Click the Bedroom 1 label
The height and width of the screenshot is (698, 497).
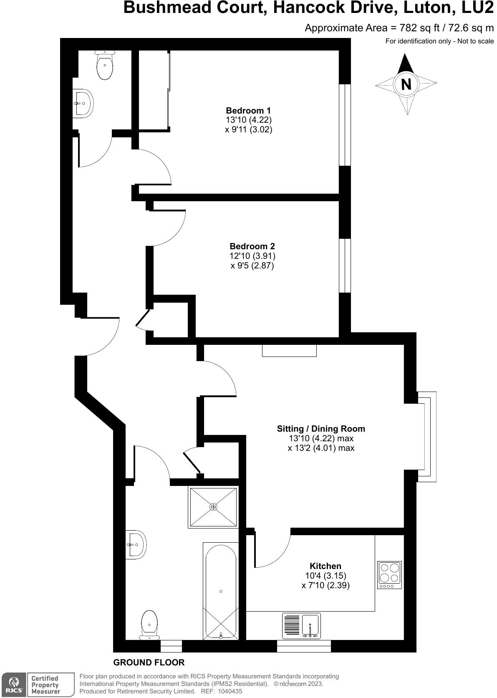point(248,111)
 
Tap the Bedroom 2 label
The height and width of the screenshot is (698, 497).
point(252,246)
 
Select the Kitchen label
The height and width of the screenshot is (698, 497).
point(325,566)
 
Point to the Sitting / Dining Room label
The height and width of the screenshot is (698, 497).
point(321,429)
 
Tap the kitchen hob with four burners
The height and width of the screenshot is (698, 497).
point(389,575)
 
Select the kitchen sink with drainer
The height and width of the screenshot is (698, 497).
point(301,626)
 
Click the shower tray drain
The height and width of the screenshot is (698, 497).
point(213,507)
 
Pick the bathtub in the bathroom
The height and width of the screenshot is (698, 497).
point(221,591)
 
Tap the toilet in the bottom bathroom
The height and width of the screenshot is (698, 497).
point(149,625)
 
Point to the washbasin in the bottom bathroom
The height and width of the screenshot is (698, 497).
point(136,544)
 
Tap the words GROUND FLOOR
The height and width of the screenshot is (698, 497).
point(149,663)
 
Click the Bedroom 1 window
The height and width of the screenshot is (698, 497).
point(345,125)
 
